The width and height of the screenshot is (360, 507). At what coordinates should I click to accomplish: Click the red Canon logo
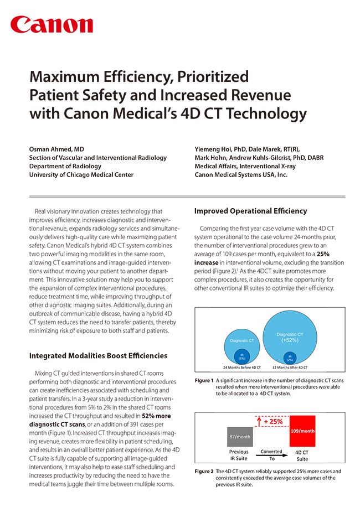point(52,24)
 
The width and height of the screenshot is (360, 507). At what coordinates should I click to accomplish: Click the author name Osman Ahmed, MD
point(57,149)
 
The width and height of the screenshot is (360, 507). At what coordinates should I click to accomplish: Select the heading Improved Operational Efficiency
point(250,211)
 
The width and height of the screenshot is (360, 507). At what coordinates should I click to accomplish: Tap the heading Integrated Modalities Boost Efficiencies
point(98,355)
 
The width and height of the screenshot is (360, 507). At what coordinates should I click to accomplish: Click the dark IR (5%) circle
point(242,356)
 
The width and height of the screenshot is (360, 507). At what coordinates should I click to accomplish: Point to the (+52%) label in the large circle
point(290,340)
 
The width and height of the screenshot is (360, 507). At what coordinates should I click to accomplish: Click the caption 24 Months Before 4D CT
point(242,368)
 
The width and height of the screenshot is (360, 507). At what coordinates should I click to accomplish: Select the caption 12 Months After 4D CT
point(290,368)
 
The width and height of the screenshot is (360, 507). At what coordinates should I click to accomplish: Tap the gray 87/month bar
point(239,436)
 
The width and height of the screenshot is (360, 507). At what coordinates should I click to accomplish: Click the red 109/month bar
point(302,431)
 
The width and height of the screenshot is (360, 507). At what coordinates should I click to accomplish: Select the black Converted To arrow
point(272,455)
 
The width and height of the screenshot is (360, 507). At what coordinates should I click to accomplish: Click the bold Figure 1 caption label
point(204,381)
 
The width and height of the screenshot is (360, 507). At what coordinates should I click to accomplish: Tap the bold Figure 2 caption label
point(204,472)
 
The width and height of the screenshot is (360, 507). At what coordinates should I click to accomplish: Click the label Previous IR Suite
point(239,455)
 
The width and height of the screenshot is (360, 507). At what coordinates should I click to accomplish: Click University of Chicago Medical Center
point(81,174)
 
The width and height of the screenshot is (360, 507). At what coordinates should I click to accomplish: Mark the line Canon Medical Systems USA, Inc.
point(241,174)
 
